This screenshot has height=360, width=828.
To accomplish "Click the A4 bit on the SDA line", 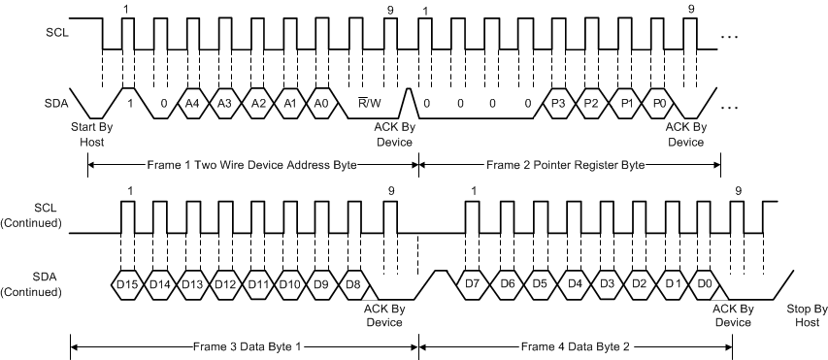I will (x=192, y=102).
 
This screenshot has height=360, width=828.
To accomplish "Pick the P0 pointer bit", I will (x=661, y=102).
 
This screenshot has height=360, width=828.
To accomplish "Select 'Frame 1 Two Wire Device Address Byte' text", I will (x=253, y=165).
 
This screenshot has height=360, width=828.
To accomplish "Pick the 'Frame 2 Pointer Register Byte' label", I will (x=565, y=165).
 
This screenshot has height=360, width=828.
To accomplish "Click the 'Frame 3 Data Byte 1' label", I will (x=244, y=345).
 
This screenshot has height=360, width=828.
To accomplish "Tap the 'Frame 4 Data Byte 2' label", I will (x=576, y=345).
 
